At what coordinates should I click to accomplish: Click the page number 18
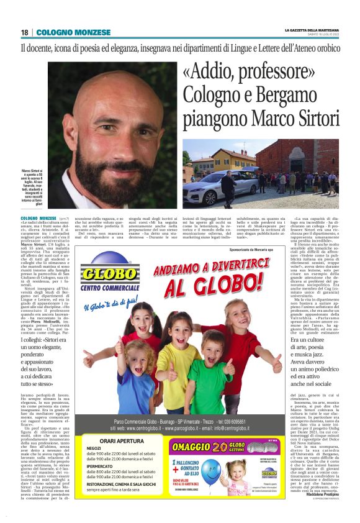(25, 32)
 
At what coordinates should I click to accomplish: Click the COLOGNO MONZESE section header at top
(73, 32)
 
